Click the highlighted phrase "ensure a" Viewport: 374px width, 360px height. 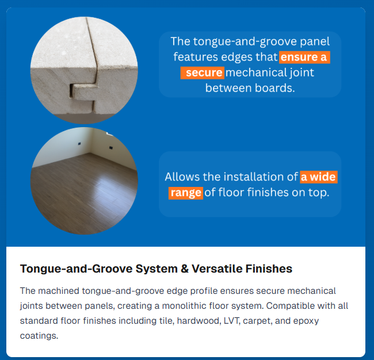[x=304, y=58]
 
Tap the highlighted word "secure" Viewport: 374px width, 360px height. [x=204, y=72]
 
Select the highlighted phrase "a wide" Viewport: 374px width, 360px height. [x=318, y=177]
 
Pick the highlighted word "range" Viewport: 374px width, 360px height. [x=185, y=193]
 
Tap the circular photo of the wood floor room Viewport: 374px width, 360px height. [x=84, y=181]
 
